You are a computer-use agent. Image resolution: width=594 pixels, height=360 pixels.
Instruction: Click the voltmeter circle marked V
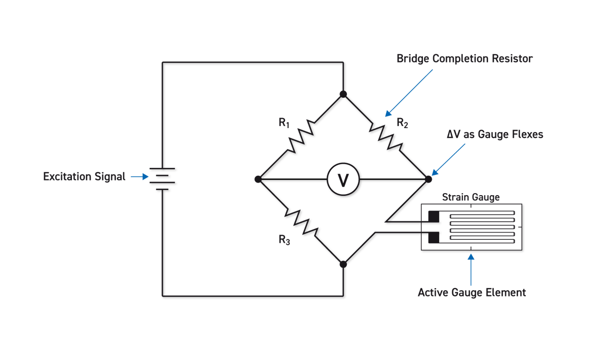point(343,179)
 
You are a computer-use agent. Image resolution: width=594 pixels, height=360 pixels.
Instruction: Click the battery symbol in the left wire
point(164,179)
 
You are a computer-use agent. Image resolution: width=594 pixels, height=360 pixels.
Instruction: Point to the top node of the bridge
point(343,94)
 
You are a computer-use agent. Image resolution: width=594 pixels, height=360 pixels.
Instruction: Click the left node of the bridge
point(258,179)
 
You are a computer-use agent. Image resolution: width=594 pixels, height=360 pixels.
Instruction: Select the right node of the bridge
point(428,179)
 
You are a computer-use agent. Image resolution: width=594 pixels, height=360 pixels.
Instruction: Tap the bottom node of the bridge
point(343,264)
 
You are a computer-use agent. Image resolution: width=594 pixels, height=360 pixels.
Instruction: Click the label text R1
point(284,124)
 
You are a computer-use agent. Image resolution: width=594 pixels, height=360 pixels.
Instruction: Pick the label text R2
point(402,124)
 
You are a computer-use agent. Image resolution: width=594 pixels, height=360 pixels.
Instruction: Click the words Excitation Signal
point(84,177)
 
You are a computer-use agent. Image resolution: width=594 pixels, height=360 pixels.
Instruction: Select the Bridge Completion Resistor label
point(464,59)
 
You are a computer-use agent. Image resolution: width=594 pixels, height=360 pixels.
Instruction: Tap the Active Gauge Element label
point(471,292)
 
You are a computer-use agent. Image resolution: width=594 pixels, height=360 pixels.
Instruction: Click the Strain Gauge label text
point(471,197)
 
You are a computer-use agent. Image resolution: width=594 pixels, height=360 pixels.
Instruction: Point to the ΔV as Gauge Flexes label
point(495,134)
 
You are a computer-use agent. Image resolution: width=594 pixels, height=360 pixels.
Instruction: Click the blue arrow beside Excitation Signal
point(139,177)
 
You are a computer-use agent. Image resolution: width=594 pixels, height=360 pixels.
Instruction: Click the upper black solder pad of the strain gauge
point(434,216)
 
